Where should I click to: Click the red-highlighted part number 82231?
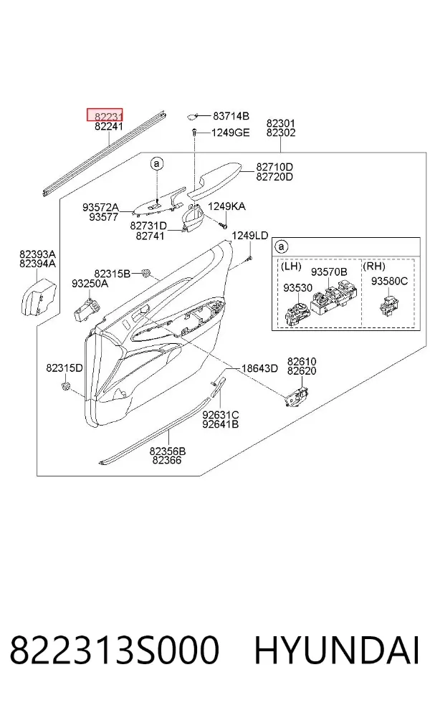coord(108,117)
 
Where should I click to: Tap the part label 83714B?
coord(231,116)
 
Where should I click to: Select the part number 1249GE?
coord(231,133)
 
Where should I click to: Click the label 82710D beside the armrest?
coord(274,167)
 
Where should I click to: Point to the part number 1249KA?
coord(226,206)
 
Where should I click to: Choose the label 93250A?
coord(90,283)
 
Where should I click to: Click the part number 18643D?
coord(259,369)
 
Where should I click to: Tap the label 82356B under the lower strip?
coord(168,451)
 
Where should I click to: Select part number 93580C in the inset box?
coord(389,281)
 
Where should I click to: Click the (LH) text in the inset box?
coord(291,266)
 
